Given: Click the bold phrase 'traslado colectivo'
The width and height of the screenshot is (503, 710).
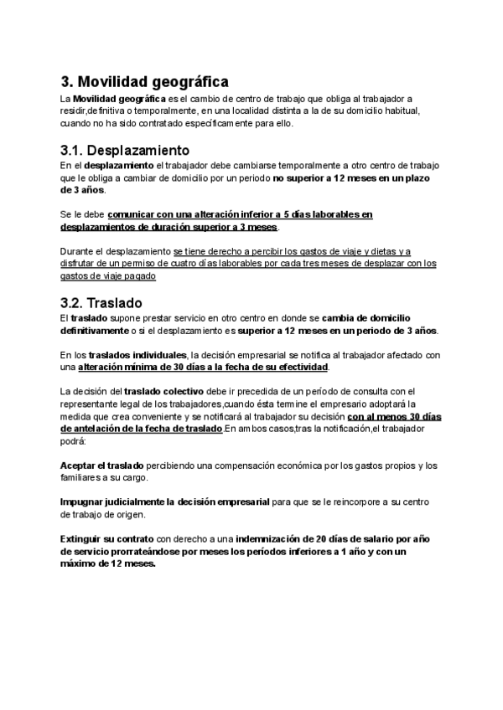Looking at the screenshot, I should click(x=162, y=391).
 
